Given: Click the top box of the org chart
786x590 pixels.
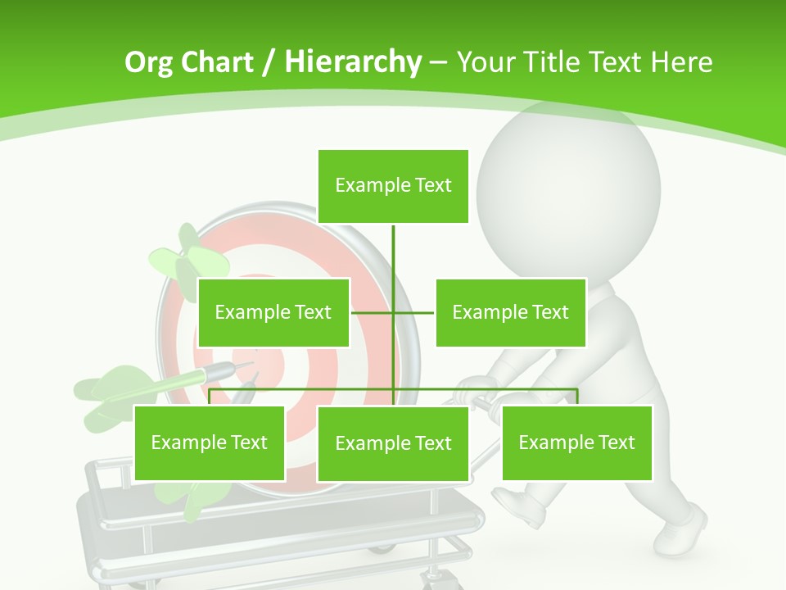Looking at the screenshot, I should pos(393,186).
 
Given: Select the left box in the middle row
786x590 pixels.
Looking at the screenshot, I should pos(273,312).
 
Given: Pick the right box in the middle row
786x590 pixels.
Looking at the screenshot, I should pos(510,312).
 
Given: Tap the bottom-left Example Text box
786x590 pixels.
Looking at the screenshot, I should pos(210,442).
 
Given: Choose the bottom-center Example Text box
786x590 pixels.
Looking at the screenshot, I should pos(393,443).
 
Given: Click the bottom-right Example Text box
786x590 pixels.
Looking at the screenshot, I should pos(576,442).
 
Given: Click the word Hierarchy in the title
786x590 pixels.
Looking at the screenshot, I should pos(353,62).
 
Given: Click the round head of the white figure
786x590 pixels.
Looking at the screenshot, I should pos(568,187).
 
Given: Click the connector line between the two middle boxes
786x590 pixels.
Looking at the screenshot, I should pos(393,312).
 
